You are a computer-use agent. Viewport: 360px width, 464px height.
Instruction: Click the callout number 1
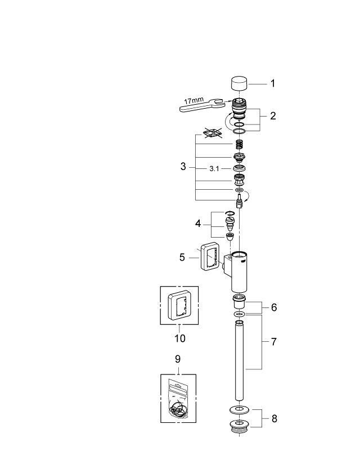[x=272, y=83]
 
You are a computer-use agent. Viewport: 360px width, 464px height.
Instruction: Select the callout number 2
[x=272, y=116]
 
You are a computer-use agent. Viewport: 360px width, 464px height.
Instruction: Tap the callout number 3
[x=183, y=167]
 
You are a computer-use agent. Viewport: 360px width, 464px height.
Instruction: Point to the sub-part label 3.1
[x=215, y=167]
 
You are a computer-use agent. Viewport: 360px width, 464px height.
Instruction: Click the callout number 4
[x=198, y=223]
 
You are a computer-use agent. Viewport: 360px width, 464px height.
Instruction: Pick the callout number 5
[x=182, y=257]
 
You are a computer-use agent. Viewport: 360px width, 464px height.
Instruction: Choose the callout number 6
[x=273, y=307]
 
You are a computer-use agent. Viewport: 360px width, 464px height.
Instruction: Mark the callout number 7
[x=273, y=342]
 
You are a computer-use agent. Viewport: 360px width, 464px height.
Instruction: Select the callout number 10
[x=179, y=338]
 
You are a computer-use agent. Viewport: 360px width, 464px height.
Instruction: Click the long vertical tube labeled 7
[x=240, y=360]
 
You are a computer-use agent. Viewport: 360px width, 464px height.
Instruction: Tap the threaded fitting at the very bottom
[x=240, y=426]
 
